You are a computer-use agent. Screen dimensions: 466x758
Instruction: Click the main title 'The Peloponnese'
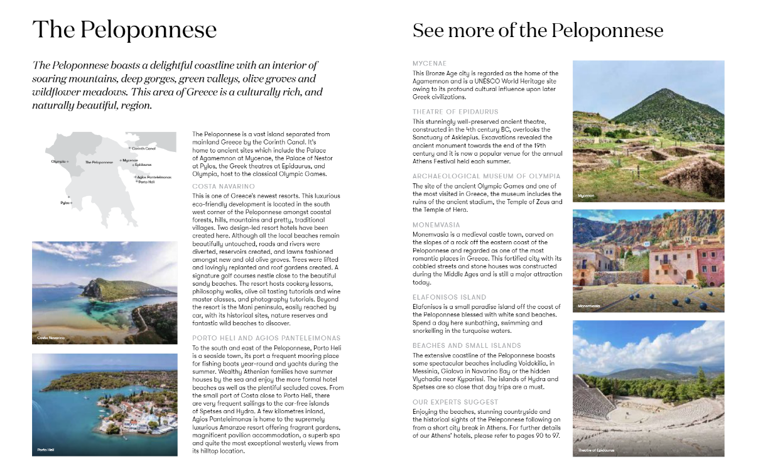[x=124, y=30]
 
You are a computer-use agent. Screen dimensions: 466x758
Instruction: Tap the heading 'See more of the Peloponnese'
[x=538, y=30]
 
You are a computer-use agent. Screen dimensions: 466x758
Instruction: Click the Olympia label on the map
[x=58, y=161]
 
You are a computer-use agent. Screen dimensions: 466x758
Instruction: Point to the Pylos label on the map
[x=65, y=203]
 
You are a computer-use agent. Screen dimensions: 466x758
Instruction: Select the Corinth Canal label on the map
[x=143, y=149]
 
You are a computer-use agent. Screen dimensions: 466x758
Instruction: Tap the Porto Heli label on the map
[x=146, y=182]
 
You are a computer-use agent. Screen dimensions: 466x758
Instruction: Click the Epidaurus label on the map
[x=143, y=165]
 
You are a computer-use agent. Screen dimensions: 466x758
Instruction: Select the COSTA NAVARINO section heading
[x=223, y=187]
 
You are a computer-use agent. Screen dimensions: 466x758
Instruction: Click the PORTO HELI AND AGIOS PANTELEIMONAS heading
[x=266, y=338]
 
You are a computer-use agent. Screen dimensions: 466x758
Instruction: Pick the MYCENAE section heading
[x=430, y=63]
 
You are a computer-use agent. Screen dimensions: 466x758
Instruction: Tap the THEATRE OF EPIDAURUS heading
[x=455, y=112]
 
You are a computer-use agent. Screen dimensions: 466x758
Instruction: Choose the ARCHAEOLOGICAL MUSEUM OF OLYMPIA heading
[x=486, y=176]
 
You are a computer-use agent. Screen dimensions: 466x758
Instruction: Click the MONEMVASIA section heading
[x=436, y=224]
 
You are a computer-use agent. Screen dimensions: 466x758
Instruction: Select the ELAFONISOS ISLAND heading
[x=449, y=296]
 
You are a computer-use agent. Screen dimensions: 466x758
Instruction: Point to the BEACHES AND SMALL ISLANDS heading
[x=467, y=345]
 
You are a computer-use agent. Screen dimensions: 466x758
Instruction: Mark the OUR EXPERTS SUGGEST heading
[x=455, y=401]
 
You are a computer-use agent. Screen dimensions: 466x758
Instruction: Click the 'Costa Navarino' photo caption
[x=51, y=338]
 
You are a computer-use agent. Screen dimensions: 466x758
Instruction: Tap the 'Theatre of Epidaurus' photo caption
[x=597, y=450]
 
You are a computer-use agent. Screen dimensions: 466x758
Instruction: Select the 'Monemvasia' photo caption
[x=588, y=306]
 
